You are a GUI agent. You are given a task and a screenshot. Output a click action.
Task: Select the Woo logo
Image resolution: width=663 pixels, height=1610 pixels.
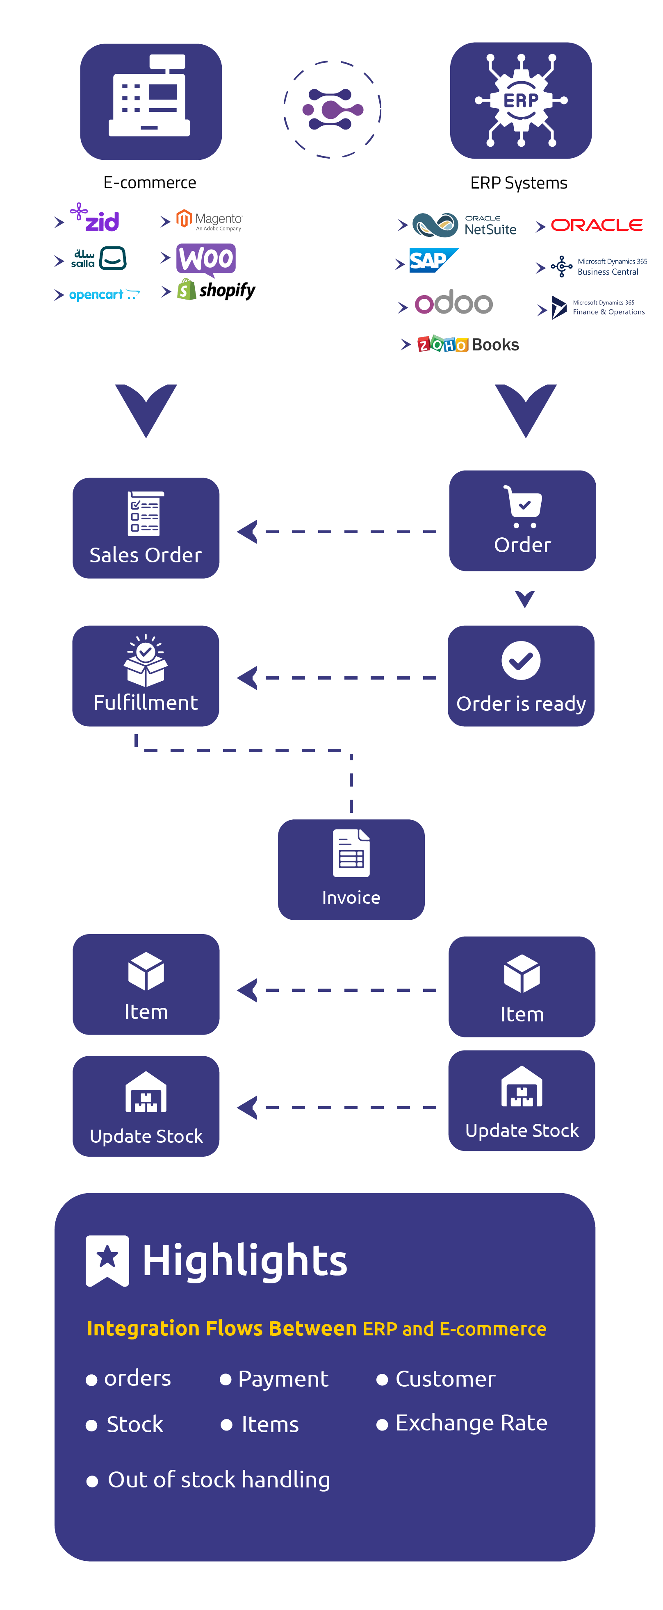tap(206, 259)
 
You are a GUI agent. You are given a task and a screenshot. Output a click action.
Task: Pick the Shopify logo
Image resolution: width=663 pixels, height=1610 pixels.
tap(216, 290)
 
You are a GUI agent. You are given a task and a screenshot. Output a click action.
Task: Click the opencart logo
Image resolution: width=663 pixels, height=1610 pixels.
tap(104, 294)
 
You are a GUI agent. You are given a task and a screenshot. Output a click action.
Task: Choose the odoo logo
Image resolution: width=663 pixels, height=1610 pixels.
tap(453, 303)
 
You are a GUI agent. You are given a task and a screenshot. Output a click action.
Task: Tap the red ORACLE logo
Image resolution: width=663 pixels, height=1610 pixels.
tap(597, 225)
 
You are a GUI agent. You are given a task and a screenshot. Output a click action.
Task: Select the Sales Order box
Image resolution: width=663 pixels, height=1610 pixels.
tap(146, 528)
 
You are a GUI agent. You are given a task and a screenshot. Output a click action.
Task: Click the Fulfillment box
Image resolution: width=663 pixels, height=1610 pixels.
tap(146, 675)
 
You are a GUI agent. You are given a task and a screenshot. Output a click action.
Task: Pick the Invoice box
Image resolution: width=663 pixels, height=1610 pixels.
tap(351, 869)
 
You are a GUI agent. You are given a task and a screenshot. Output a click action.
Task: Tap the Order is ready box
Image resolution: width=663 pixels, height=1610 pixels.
tap(521, 675)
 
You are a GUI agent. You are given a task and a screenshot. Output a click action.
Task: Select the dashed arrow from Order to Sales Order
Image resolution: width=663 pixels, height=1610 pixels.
tap(338, 532)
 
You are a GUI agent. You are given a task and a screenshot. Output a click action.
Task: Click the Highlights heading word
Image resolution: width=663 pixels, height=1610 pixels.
tap(244, 1261)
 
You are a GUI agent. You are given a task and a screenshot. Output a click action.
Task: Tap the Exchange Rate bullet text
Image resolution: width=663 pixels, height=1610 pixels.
tap(471, 1423)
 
